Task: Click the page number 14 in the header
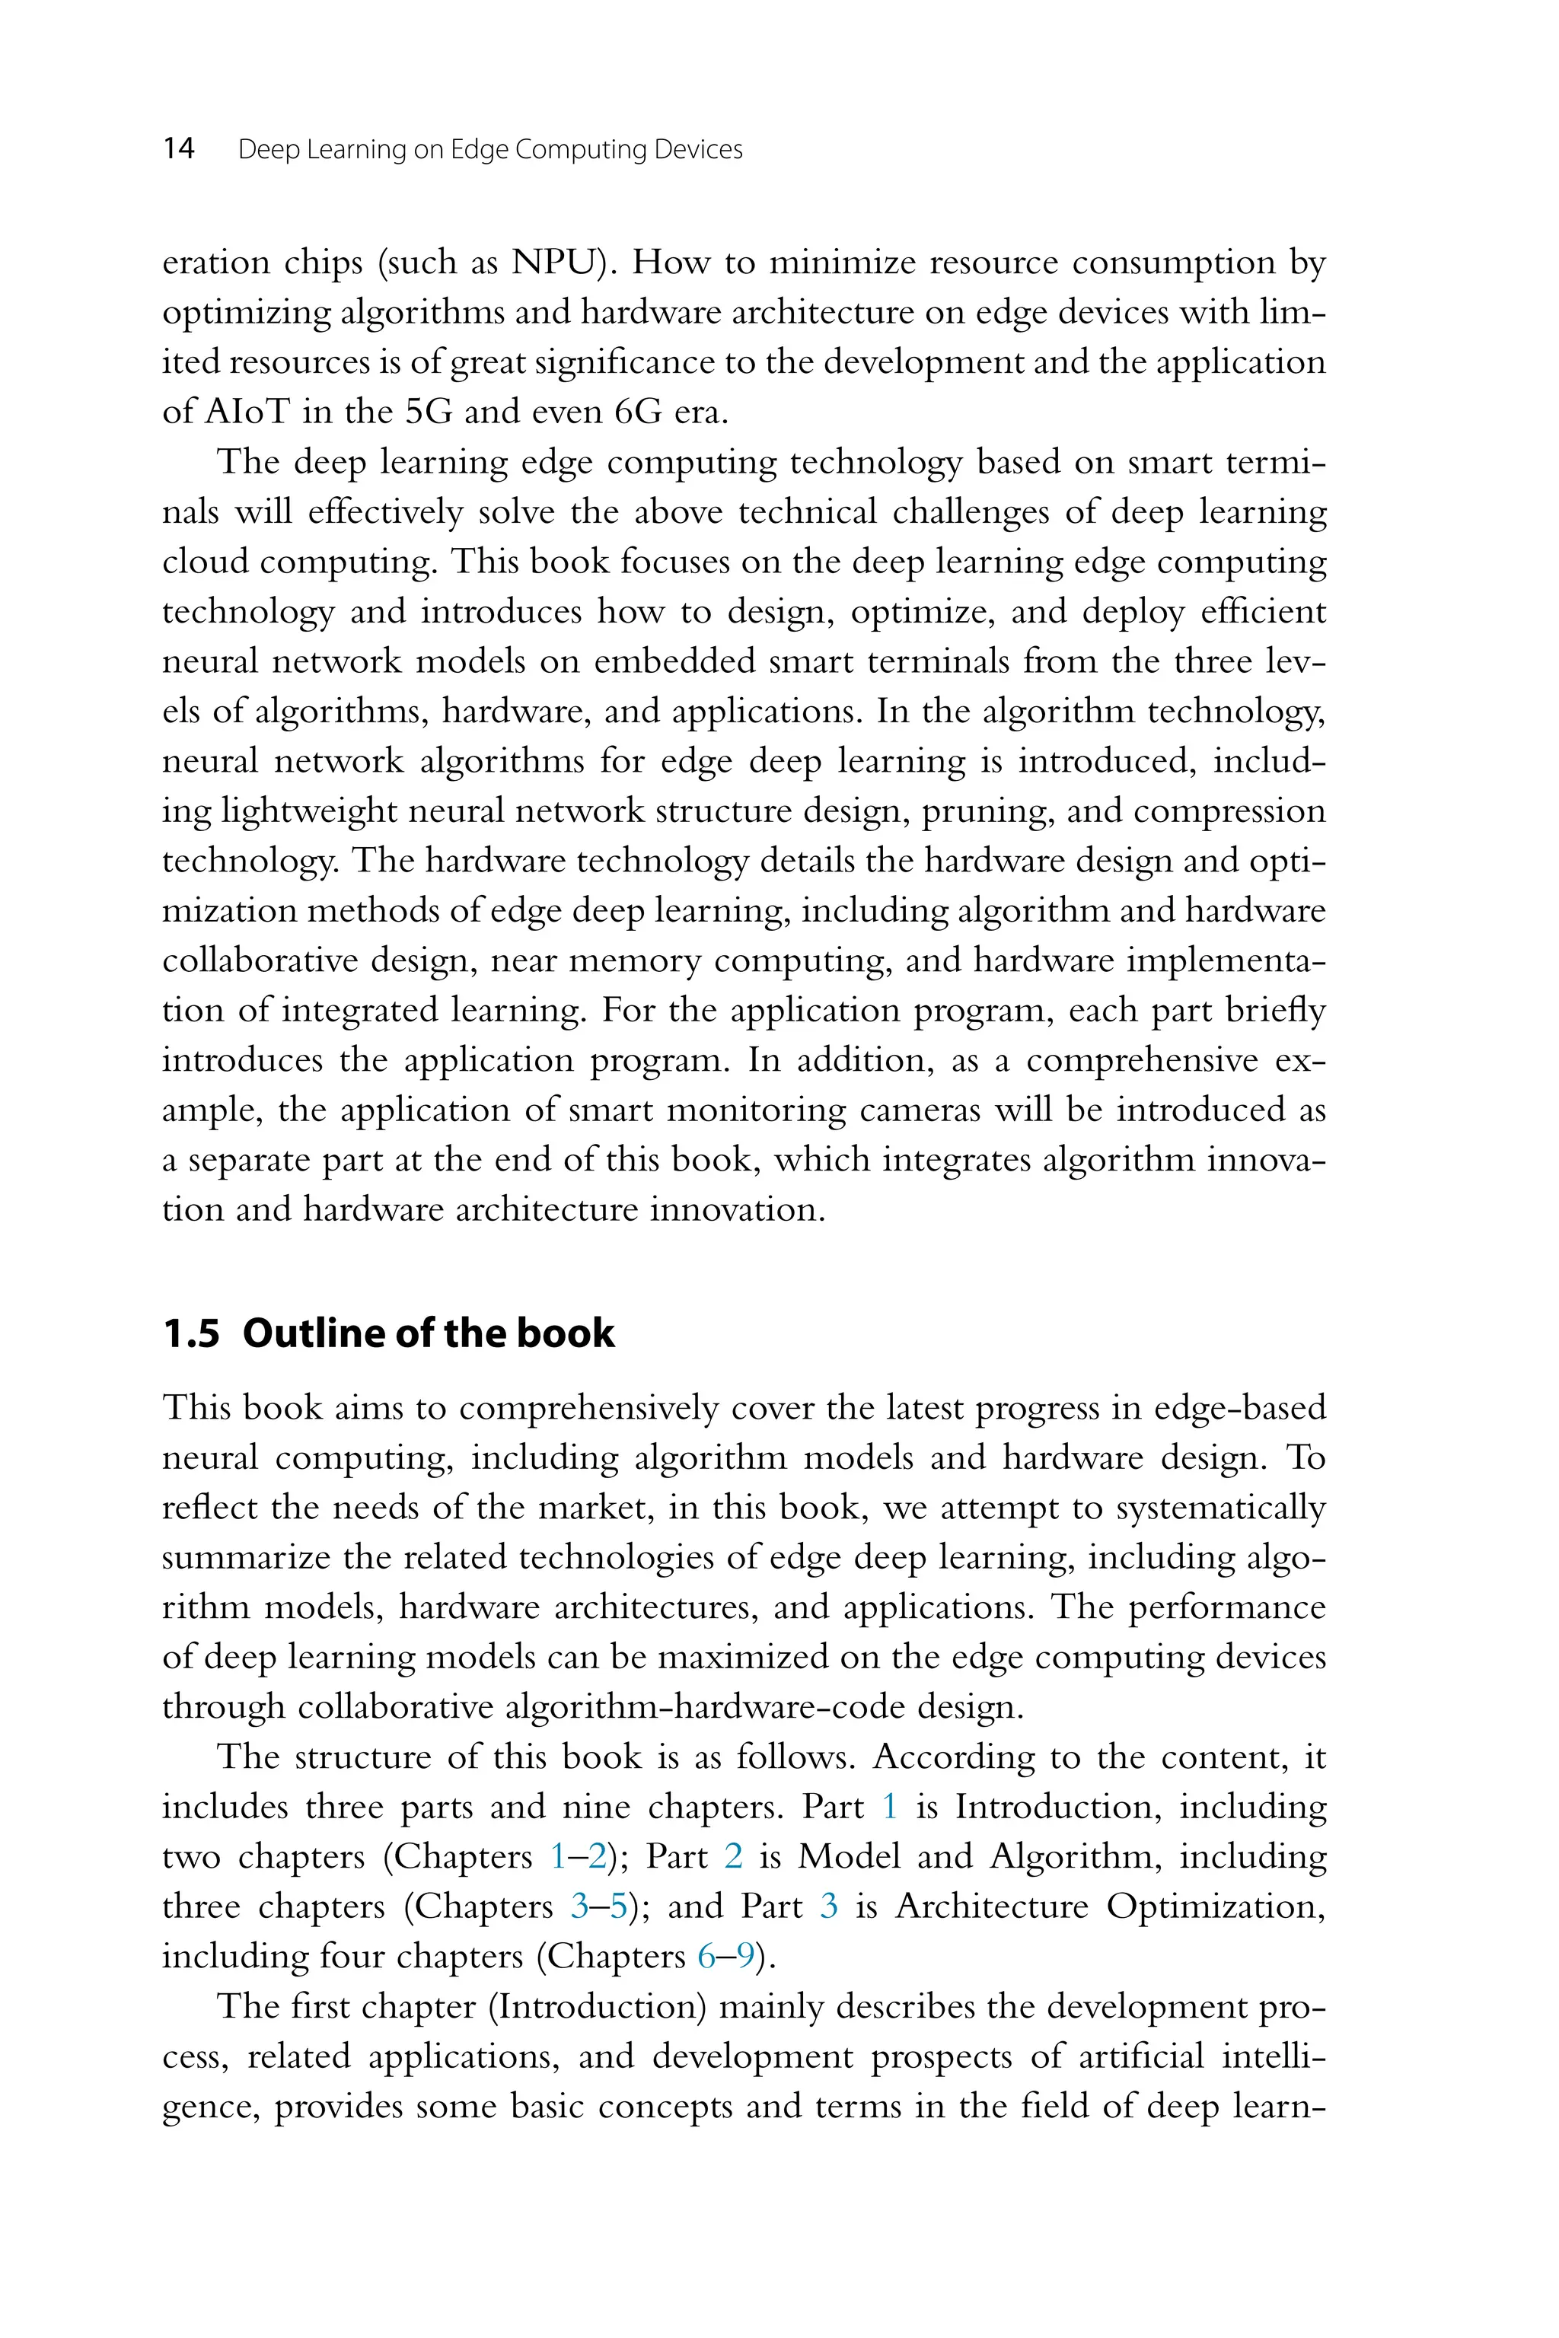click(x=178, y=149)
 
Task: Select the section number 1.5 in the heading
click(x=191, y=1333)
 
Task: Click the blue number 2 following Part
click(x=733, y=1856)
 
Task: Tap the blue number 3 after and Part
click(x=828, y=1906)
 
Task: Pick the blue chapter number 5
click(x=618, y=1906)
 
